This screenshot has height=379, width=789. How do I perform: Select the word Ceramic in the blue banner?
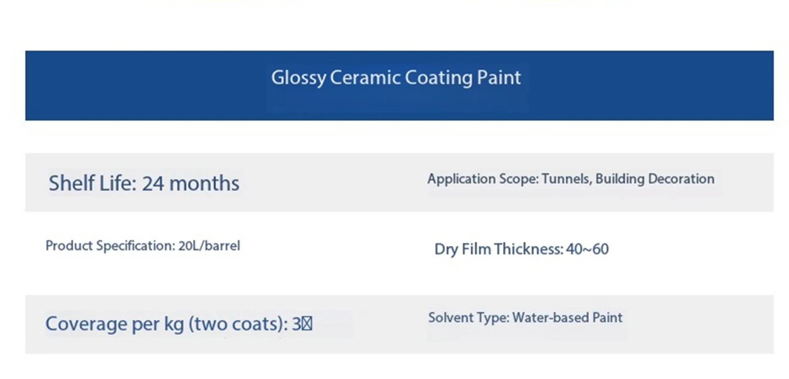365,77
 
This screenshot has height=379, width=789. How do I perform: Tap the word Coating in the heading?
438,78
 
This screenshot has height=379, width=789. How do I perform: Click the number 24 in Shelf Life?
153,183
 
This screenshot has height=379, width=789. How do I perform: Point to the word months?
204,183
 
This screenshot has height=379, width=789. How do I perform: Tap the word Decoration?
681,179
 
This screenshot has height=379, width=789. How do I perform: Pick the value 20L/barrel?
209,246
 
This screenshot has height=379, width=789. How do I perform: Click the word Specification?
135,246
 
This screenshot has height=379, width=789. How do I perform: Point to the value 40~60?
587,249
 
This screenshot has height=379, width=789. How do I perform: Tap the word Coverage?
86,324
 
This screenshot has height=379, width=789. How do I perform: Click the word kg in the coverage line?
174,324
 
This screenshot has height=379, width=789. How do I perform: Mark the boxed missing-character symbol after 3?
307,324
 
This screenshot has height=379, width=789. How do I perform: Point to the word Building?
620,179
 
